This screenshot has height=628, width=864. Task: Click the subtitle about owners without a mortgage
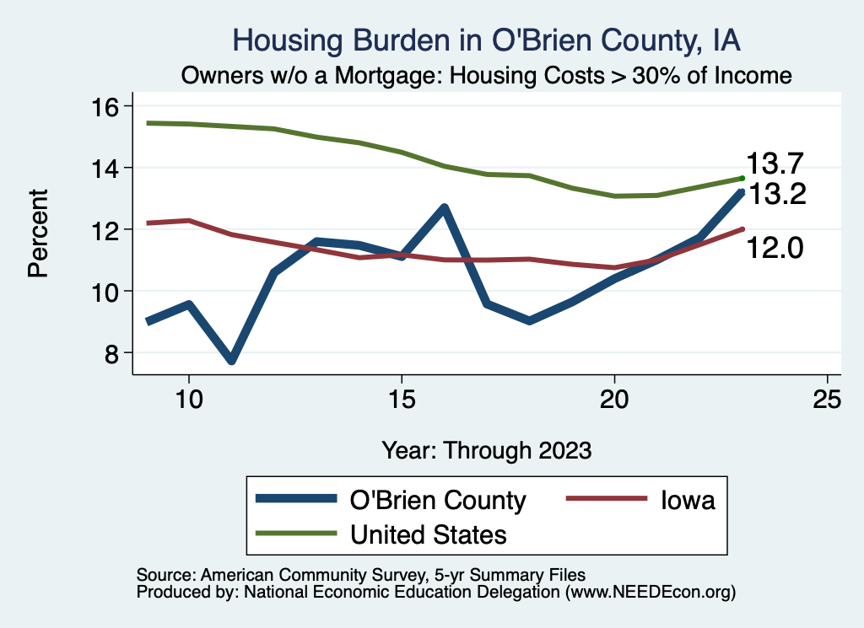(486, 76)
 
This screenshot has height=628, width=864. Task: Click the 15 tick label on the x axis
(401, 399)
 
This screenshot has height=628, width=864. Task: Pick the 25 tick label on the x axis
(827, 399)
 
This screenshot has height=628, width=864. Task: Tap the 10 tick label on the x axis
(188, 399)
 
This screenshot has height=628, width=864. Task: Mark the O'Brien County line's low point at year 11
(230, 360)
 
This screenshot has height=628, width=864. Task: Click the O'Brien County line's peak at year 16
(444, 207)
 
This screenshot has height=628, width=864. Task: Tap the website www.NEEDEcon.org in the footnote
(650, 593)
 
